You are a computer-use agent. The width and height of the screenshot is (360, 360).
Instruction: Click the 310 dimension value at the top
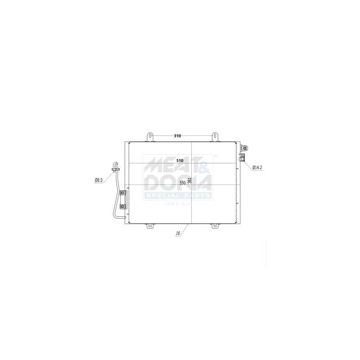(x=177, y=135)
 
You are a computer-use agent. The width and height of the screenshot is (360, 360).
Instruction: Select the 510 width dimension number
(x=180, y=160)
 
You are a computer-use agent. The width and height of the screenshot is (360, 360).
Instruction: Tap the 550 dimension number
(x=182, y=183)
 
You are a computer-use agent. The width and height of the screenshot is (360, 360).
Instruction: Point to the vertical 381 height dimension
(x=189, y=180)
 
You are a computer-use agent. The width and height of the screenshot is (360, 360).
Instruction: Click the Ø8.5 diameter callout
(x=99, y=180)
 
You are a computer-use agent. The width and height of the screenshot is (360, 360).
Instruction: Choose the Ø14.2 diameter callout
(x=257, y=167)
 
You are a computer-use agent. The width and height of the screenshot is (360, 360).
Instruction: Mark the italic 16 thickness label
(x=178, y=234)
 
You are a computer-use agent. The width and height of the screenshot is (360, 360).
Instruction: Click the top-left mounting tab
(x=151, y=136)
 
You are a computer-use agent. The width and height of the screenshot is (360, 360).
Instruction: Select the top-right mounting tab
(x=216, y=136)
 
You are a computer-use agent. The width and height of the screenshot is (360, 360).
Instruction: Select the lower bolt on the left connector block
(x=123, y=206)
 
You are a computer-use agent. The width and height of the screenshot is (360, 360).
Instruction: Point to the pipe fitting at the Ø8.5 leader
(x=116, y=169)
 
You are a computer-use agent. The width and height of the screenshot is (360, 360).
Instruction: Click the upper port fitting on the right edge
(x=243, y=147)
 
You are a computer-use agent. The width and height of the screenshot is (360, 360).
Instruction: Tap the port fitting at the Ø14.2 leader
(x=242, y=157)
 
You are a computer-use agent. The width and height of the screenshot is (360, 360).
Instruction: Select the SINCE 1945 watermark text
(x=177, y=204)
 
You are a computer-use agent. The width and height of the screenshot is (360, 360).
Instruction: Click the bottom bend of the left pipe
(x=118, y=216)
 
